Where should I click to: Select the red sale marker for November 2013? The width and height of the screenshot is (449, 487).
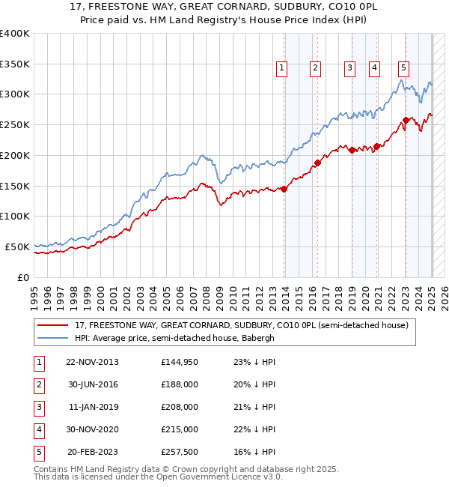(x=284, y=189)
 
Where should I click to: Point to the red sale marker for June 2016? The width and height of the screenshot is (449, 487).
(x=318, y=163)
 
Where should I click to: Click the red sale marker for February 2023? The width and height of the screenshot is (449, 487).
(x=406, y=120)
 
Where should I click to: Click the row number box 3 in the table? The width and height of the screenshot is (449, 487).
(x=39, y=408)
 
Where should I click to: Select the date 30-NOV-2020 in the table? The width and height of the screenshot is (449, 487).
(x=92, y=430)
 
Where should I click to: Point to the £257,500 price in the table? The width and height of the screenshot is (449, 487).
(x=180, y=452)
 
